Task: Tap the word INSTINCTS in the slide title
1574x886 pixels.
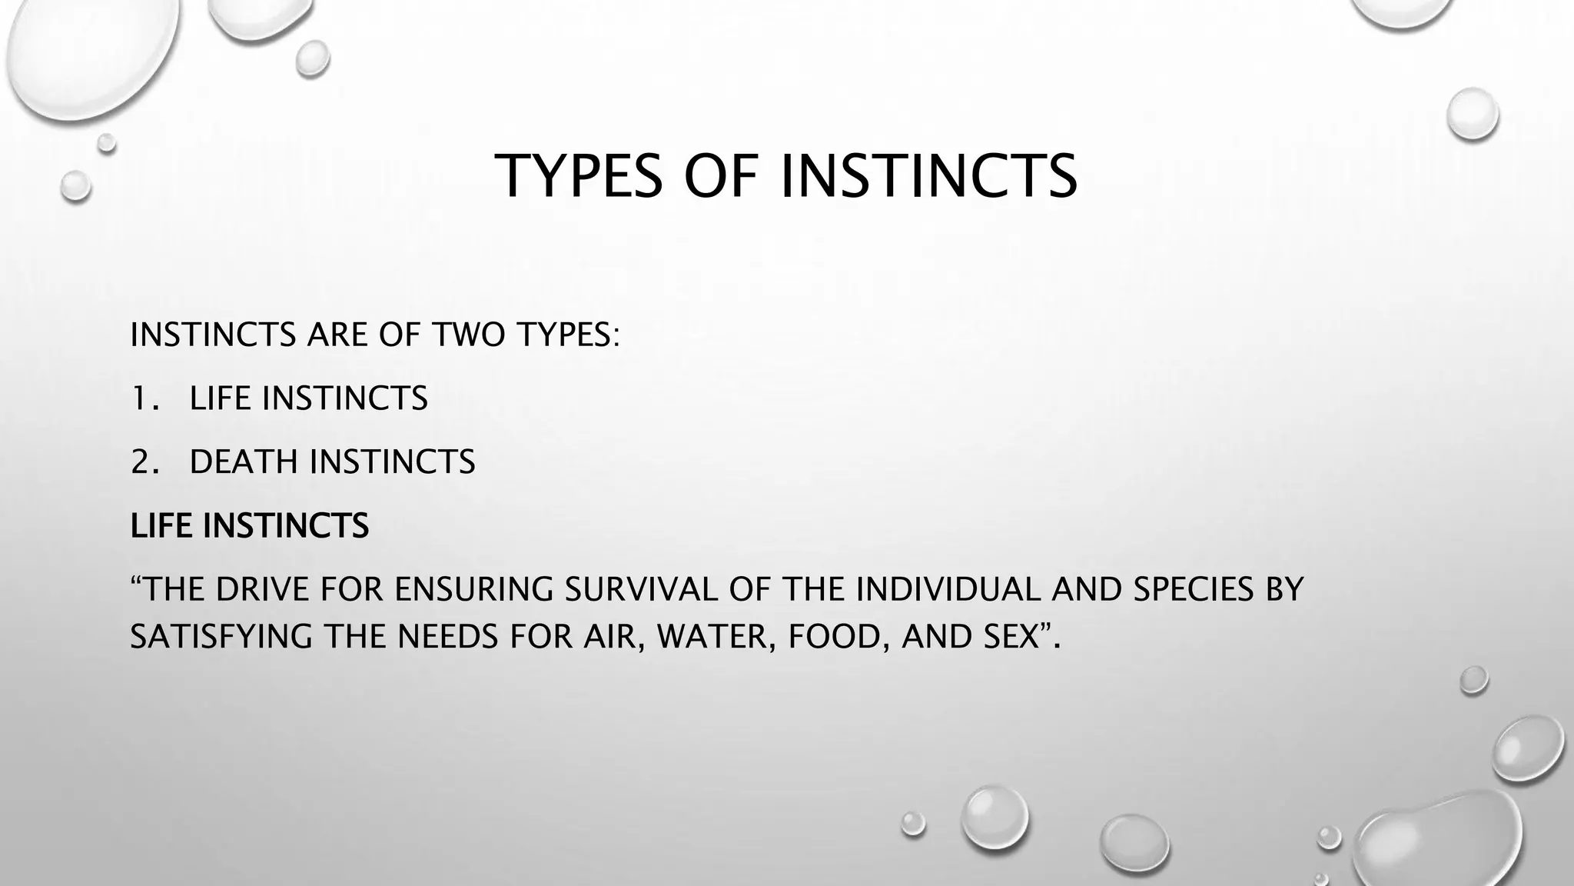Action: click(928, 176)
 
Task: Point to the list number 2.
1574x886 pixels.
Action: click(141, 462)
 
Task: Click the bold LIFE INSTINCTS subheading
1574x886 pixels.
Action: click(249, 526)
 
